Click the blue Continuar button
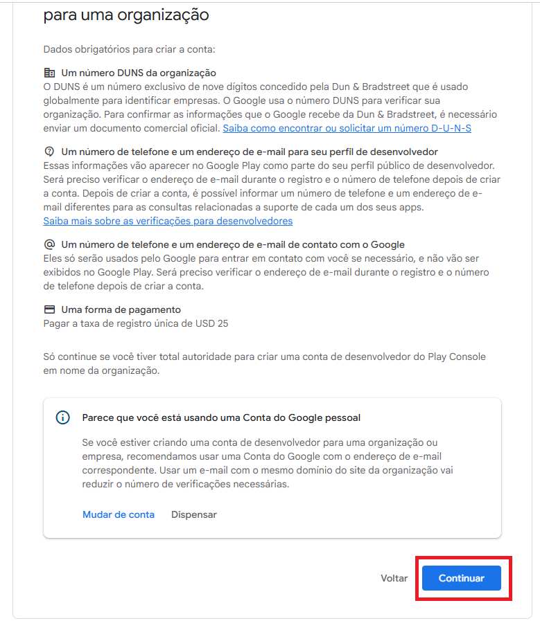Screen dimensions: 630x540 coord(461,578)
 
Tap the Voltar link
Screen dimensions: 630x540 coord(394,578)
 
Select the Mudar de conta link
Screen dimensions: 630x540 coord(119,514)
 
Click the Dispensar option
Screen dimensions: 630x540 coord(194,514)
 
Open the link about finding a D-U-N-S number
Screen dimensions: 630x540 coord(347,128)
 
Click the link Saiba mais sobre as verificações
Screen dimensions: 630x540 coord(168,221)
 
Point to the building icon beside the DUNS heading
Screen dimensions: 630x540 coord(49,73)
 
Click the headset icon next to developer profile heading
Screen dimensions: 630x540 coord(49,151)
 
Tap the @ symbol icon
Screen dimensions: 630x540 coord(49,244)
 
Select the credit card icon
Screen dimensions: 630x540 coord(49,309)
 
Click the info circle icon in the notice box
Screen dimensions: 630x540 coord(63,417)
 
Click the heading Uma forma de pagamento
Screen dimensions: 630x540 coord(121,309)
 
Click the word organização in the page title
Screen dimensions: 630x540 coord(162,15)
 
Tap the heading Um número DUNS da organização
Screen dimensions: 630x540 coord(139,73)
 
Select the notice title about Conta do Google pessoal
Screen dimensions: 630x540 coord(221,417)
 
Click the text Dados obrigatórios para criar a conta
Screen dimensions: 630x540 coord(129,49)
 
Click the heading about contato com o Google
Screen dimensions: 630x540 coord(233,244)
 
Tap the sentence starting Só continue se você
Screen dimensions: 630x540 coord(264,357)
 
